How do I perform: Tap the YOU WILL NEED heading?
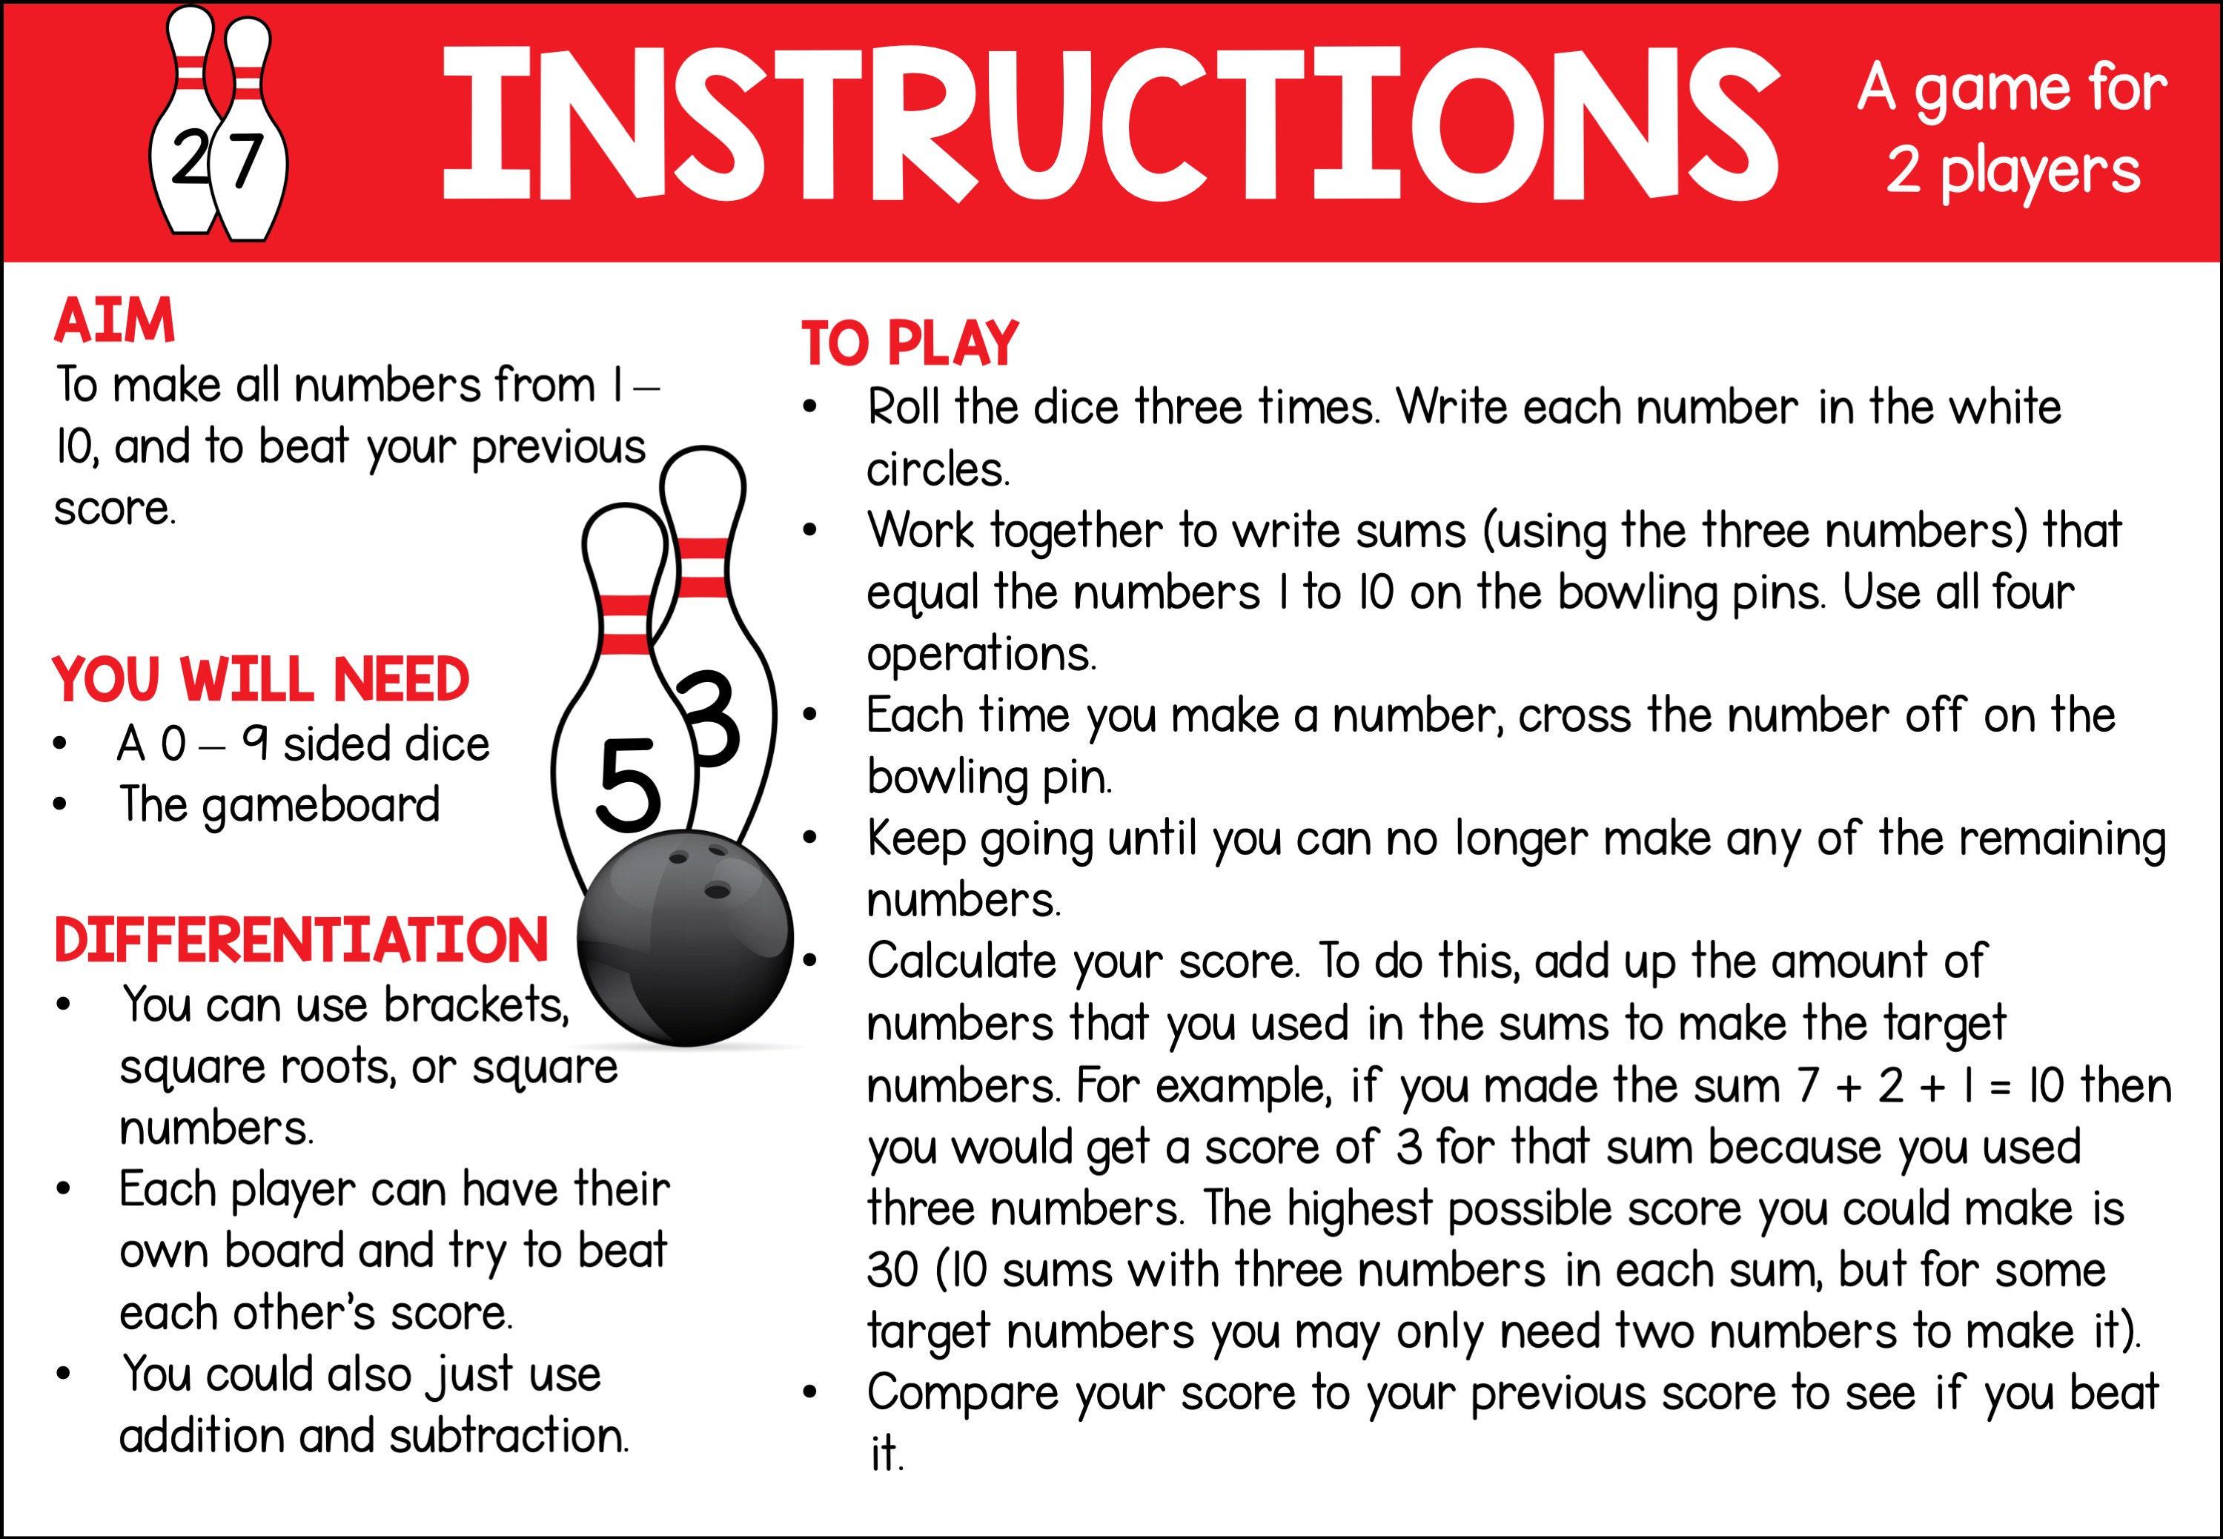pos(260,680)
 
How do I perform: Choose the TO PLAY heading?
pos(909,343)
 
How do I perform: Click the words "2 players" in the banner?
pos(2012,172)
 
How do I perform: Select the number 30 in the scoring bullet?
pos(892,1270)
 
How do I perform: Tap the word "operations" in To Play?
pos(981,655)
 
